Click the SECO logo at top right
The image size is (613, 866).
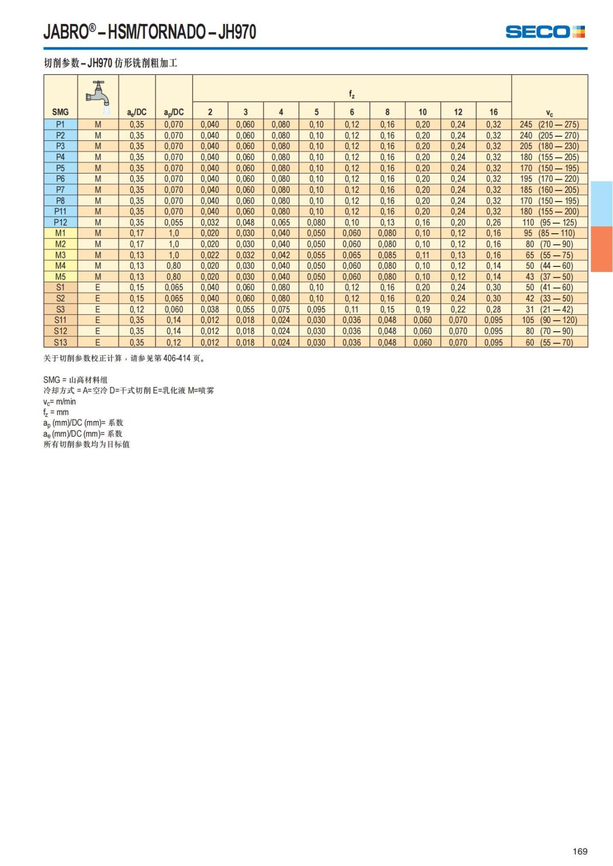click(545, 32)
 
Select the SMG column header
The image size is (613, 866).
click(60, 112)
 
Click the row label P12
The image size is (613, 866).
click(60, 222)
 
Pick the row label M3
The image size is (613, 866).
click(60, 255)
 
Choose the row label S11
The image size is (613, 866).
click(60, 320)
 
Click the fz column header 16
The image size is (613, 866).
click(493, 112)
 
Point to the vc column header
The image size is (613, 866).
click(549, 113)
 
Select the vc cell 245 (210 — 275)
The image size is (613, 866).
click(549, 125)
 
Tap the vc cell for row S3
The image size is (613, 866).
click(549, 309)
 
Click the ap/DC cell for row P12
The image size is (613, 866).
click(174, 222)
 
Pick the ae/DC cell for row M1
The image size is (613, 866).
click(136, 233)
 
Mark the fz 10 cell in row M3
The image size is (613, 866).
click(422, 255)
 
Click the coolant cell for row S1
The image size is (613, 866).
click(98, 287)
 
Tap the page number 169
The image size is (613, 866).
click(580, 851)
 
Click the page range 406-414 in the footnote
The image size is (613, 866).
click(177, 358)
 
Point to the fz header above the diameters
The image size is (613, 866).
click(352, 94)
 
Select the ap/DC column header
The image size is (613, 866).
click(174, 112)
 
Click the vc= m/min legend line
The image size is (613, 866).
click(59, 402)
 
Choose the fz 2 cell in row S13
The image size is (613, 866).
click(210, 342)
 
